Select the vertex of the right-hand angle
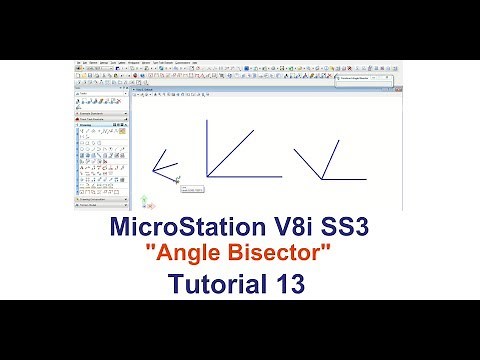coord(322,179)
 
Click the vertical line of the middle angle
coord(206,150)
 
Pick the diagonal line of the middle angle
coord(229,154)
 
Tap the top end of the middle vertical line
coord(206,121)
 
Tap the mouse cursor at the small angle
coord(177,180)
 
